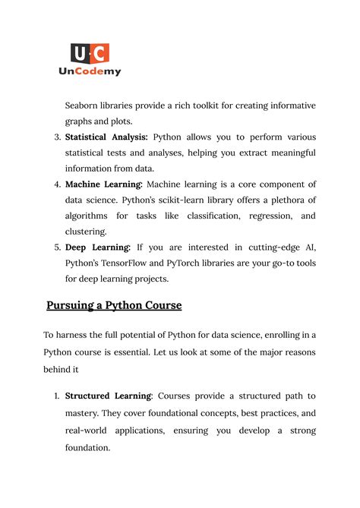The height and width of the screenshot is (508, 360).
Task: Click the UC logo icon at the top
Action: pyautogui.click(x=90, y=53)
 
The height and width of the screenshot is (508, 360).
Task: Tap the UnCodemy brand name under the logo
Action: pyautogui.click(x=90, y=71)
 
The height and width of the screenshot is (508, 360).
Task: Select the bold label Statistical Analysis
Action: pyautogui.click(x=106, y=137)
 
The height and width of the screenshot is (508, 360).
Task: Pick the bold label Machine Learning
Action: pyautogui.click(x=103, y=185)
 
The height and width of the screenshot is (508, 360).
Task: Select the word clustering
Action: pyautogui.click(x=86, y=232)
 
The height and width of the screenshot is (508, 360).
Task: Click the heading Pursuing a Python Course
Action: pyautogui.click(x=114, y=306)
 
